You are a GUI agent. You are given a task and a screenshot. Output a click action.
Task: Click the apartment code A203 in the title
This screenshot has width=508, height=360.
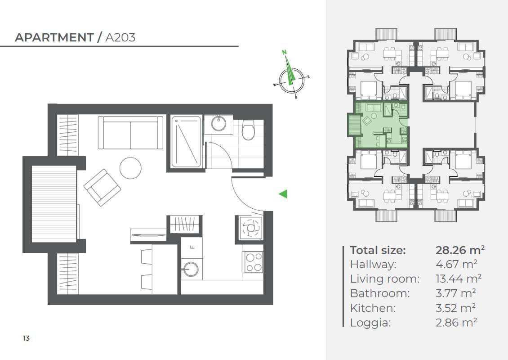(x=120, y=38)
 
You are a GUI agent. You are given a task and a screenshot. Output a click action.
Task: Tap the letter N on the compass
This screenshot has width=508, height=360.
(x=284, y=52)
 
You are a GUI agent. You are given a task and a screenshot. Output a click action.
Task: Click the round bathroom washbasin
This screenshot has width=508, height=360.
(x=218, y=123)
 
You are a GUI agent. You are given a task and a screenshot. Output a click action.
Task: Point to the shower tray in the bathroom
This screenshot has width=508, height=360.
(x=186, y=142)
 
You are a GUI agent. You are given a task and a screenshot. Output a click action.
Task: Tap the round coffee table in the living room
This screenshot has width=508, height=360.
(x=130, y=168)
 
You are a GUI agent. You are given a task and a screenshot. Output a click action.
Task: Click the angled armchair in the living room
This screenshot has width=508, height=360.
(x=102, y=188)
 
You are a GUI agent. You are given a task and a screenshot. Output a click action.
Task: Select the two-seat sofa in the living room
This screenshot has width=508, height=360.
(x=130, y=133)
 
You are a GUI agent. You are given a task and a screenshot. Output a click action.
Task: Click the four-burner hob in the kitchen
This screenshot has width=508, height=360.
(x=254, y=262)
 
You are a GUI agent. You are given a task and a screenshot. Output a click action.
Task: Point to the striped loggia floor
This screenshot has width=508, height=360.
(x=54, y=204)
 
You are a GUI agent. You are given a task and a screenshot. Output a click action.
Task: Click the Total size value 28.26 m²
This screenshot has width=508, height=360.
(x=460, y=250)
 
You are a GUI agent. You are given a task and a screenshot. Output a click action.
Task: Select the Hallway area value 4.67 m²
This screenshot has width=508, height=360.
(x=456, y=264)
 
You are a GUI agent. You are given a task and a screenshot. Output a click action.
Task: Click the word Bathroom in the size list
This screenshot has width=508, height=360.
(x=380, y=293)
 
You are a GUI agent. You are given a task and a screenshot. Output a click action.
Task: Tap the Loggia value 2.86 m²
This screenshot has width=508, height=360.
(x=456, y=322)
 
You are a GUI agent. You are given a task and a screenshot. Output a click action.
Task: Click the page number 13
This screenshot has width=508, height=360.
(x=26, y=338)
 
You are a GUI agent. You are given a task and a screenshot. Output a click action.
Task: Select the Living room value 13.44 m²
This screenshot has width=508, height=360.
(x=459, y=279)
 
